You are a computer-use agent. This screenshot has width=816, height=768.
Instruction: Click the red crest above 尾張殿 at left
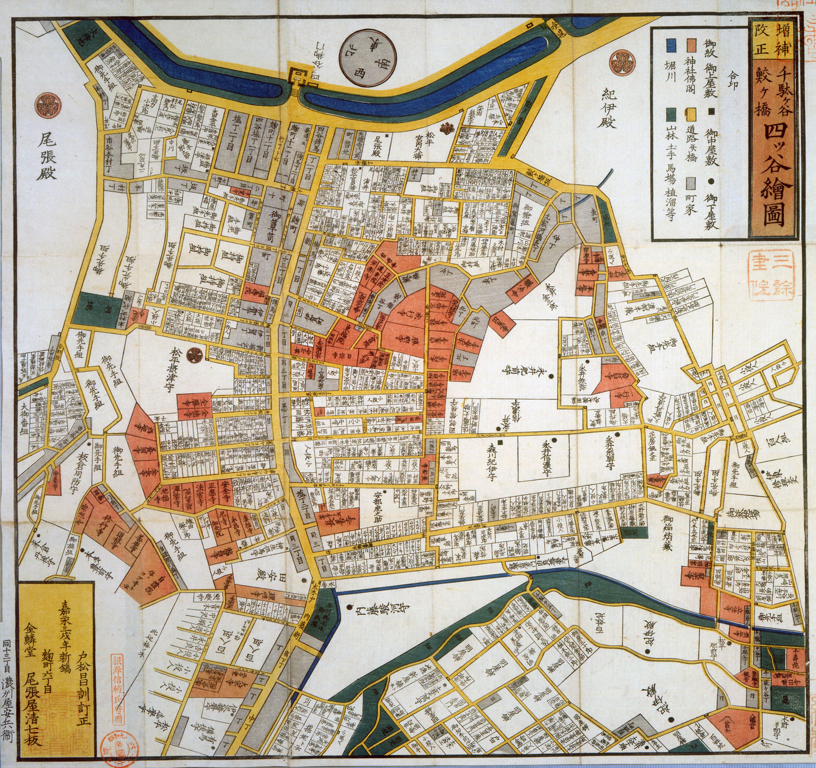tap(47, 104)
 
